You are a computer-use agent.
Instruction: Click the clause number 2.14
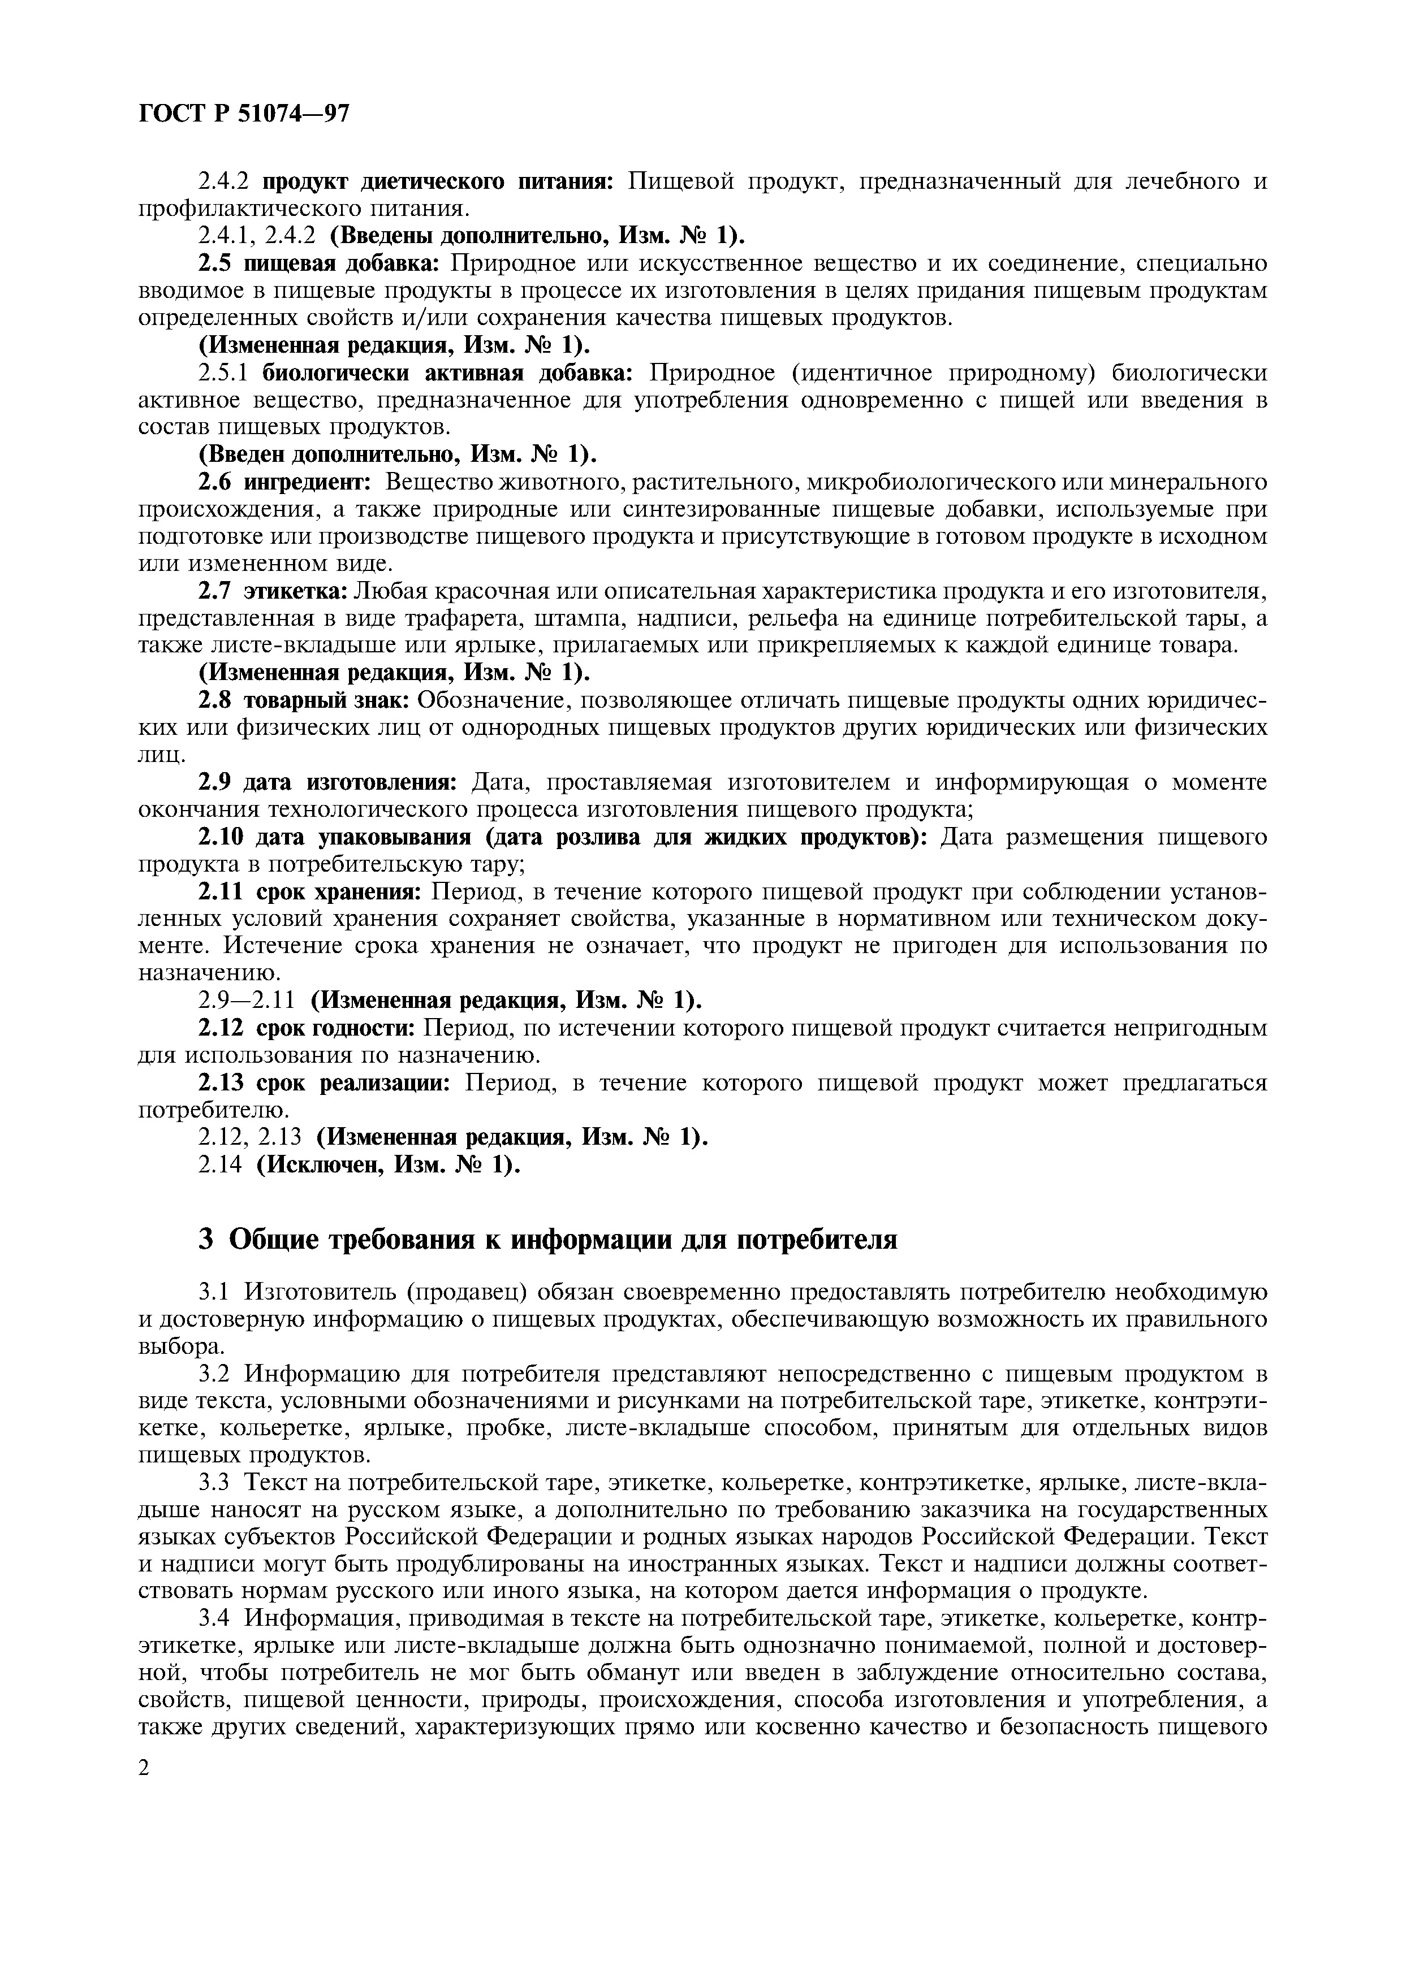click(222, 1165)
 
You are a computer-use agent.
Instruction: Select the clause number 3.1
click(213, 1293)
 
